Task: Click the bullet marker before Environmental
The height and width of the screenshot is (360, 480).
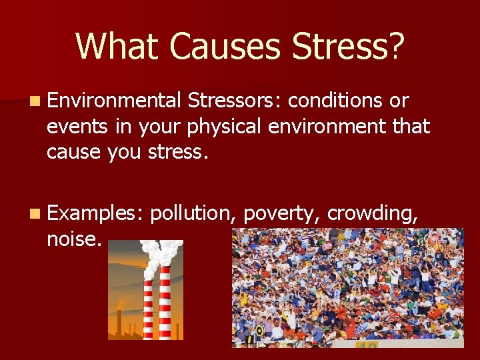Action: tap(34, 101)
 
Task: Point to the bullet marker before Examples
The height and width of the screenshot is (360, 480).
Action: tap(34, 213)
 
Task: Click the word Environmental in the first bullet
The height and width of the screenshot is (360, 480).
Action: tap(113, 101)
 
